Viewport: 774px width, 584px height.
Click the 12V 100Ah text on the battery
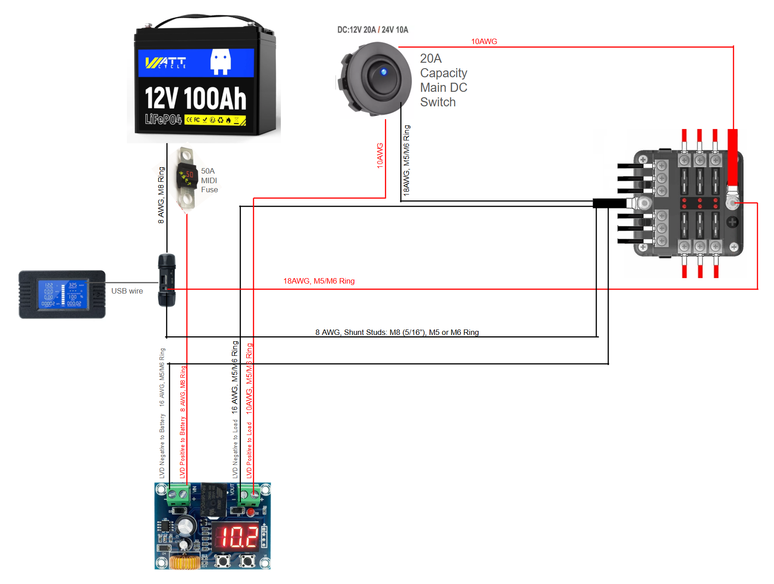click(x=195, y=99)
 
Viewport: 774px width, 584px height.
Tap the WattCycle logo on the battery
click(x=166, y=63)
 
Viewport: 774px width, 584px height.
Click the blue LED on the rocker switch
click(x=384, y=72)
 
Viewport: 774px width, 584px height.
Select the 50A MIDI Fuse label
click(x=209, y=180)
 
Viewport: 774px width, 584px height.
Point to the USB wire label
click(x=127, y=291)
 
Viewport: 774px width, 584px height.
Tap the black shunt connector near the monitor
click(x=166, y=280)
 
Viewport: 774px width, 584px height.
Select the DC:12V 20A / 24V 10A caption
click(x=372, y=30)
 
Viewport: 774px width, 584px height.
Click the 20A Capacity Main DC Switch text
click(x=443, y=80)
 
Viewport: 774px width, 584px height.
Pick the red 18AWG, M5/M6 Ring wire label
click(x=319, y=281)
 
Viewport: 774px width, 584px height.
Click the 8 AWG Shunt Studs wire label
click(x=397, y=332)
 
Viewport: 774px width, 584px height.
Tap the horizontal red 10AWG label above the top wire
click(x=484, y=41)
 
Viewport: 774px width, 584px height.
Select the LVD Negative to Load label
click(x=235, y=449)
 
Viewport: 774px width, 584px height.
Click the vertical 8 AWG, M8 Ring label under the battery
click(x=161, y=195)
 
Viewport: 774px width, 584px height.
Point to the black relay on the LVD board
click(x=214, y=499)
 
